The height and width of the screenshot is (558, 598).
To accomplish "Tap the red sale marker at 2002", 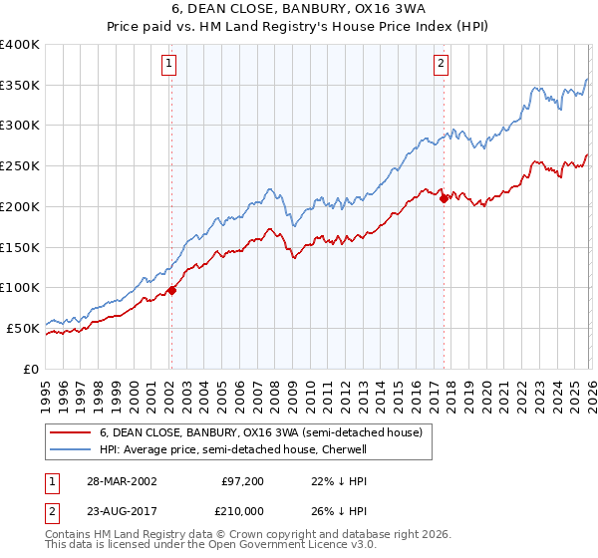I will coord(171,290).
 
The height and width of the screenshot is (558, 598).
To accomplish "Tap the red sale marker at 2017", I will coord(444,198).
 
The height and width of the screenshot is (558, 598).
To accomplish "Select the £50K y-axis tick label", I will coord(23,328).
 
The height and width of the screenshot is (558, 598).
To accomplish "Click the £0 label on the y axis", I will coord(32,369).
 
